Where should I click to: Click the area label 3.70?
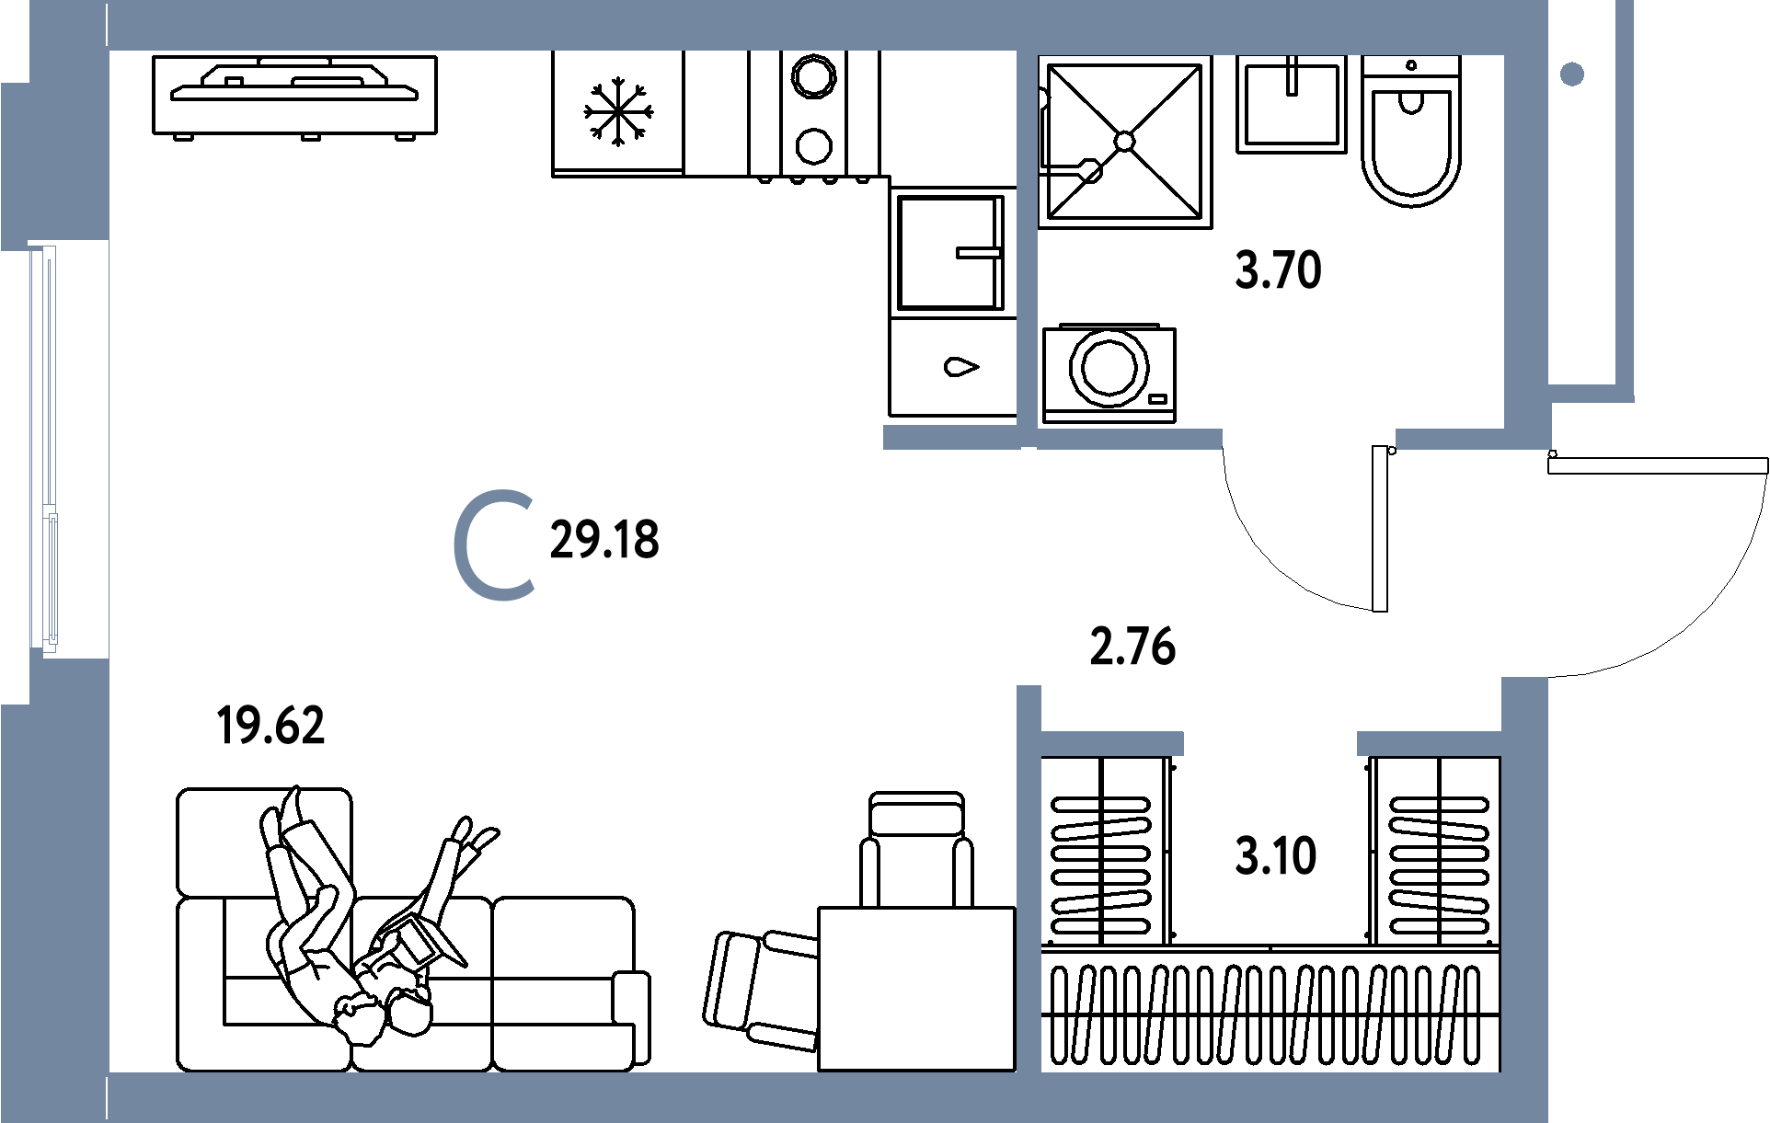1278,272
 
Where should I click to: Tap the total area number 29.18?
603,541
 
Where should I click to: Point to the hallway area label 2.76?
1132,647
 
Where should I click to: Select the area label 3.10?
1276,856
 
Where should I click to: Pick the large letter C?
495,547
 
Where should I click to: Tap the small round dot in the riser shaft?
1572,74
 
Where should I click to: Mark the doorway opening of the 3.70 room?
1308,440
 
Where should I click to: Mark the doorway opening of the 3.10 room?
1270,743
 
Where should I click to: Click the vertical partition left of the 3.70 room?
1028,239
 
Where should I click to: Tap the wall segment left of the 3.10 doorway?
1111,743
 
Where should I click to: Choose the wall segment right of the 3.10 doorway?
1429,743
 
